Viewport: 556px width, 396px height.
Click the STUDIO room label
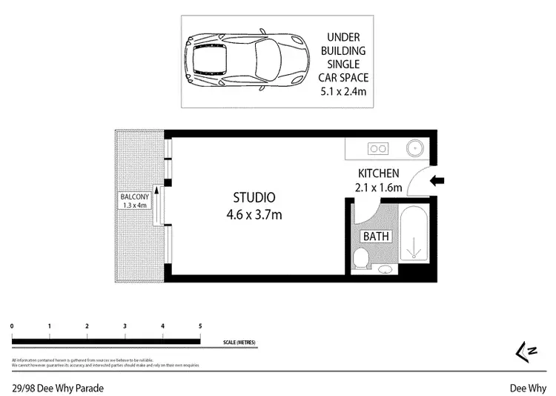254,198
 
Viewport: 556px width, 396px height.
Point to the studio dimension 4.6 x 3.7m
254,215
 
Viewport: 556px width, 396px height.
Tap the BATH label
376,237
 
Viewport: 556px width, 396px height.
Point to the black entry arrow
437,180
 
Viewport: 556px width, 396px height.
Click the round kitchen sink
413,148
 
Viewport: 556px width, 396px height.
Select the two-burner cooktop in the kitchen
378,148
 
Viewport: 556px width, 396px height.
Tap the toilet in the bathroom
361,260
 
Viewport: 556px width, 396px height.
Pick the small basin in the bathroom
384,269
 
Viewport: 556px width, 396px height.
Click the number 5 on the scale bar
200,326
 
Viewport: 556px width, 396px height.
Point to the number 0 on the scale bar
12,326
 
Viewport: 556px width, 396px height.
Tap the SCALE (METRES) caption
239,343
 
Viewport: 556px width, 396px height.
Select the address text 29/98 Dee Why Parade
57,388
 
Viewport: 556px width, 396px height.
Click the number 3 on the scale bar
125,326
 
